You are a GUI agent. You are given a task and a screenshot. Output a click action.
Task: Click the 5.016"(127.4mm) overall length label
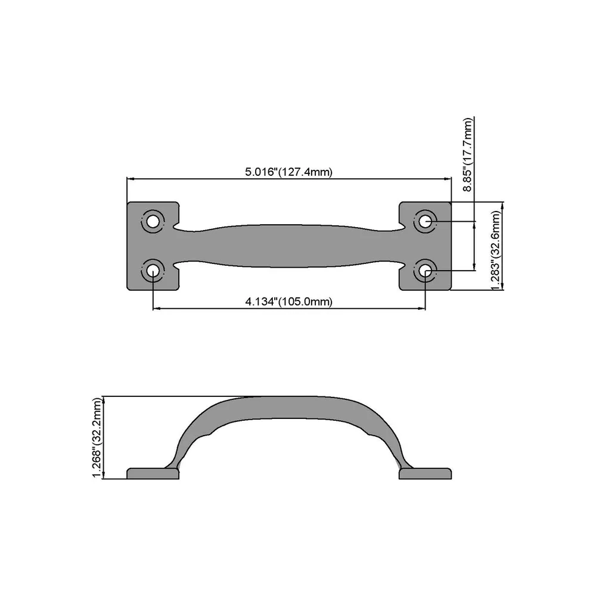[288, 172]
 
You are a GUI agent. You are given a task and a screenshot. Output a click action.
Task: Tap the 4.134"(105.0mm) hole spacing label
[288, 302]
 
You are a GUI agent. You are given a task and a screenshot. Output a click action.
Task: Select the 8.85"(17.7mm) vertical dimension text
[468, 155]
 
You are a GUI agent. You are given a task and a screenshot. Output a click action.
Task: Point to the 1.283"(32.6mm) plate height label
[495, 250]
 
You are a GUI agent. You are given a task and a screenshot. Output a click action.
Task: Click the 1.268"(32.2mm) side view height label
[98, 438]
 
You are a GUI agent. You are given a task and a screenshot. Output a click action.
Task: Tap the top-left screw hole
[153, 221]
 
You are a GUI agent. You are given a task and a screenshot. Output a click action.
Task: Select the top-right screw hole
[426, 221]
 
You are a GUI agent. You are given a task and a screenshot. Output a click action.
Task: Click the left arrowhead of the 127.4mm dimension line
[130, 178]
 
